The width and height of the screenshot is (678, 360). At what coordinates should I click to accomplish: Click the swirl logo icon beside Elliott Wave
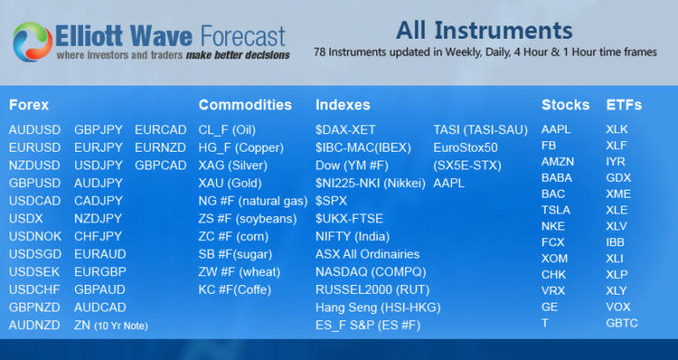click(x=33, y=41)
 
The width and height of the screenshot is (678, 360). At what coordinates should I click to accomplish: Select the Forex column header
click(x=28, y=105)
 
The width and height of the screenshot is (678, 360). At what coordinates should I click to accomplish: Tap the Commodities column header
click(x=245, y=105)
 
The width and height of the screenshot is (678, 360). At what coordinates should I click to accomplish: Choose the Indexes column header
click(x=343, y=105)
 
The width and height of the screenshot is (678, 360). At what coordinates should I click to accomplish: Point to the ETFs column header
click(x=624, y=105)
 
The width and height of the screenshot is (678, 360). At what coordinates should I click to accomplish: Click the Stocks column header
click(x=565, y=105)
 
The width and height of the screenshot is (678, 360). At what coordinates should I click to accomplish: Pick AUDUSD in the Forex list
click(x=34, y=129)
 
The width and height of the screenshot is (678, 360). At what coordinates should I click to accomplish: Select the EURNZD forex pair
click(x=161, y=146)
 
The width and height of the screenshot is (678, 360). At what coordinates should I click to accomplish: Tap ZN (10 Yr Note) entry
click(x=110, y=326)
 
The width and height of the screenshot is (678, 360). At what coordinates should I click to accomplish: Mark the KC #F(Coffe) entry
click(x=235, y=289)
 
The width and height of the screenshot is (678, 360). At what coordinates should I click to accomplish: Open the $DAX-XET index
click(x=345, y=129)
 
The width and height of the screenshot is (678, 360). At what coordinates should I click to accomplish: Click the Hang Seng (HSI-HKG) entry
click(x=377, y=307)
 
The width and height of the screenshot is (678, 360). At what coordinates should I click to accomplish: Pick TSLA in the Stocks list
click(x=555, y=210)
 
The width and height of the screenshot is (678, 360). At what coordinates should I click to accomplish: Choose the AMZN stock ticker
click(x=557, y=165)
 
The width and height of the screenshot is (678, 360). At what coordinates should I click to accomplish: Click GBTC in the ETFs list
click(x=621, y=323)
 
